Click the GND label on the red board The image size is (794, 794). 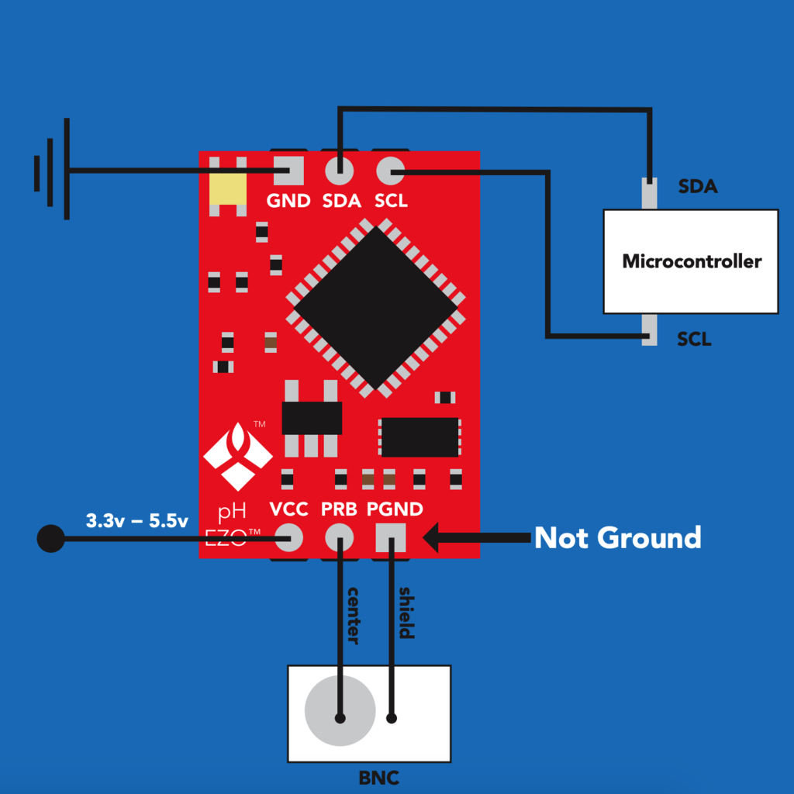[x=288, y=201]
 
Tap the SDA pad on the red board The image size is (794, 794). [x=340, y=170]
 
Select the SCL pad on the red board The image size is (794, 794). [x=391, y=170]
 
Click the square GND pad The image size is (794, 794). [x=288, y=170]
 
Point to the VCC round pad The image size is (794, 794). [x=288, y=537]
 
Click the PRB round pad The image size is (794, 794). [x=340, y=537]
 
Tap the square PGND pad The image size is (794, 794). [x=391, y=537]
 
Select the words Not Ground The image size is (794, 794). [x=618, y=537]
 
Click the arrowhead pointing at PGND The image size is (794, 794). [x=431, y=537]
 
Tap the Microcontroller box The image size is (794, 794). [x=691, y=261]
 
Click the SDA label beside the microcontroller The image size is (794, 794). [x=698, y=186]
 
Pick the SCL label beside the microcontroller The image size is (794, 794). [x=694, y=339]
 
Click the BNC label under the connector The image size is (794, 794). [x=378, y=778]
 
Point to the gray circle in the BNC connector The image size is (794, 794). [x=340, y=710]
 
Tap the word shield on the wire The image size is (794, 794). [x=406, y=613]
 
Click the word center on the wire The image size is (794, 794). [x=353, y=616]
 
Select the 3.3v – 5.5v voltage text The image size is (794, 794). [x=136, y=520]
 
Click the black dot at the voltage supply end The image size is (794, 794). [x=50, y=538]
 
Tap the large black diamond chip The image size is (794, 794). [x=375, y=308]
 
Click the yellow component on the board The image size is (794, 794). [x=228, y=189]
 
